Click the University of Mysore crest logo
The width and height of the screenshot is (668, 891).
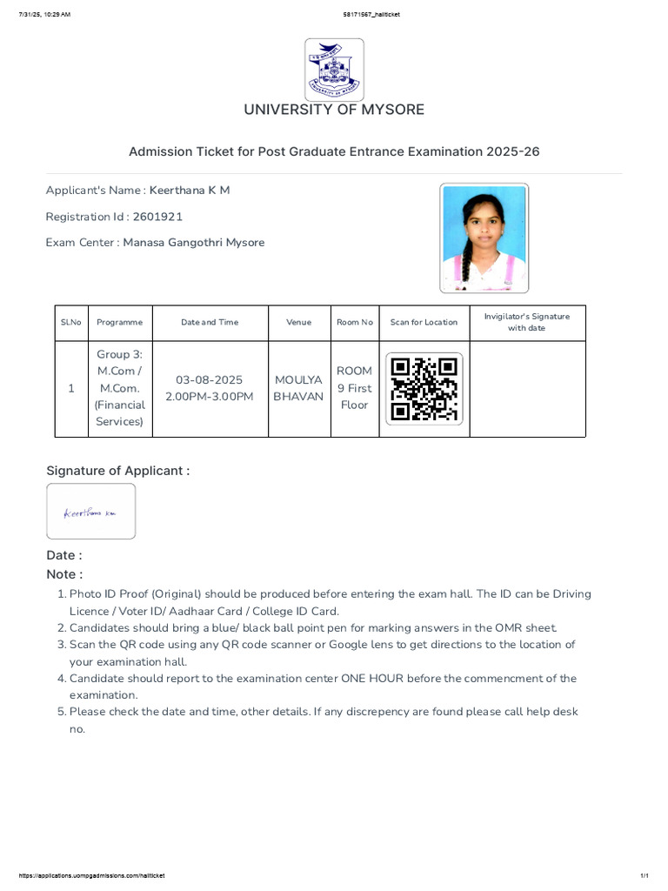point(334,69)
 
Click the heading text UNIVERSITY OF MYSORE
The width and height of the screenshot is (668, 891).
point(334,110)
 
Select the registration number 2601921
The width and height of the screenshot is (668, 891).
point(157,217)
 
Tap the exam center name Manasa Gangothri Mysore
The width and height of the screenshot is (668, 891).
point(193,243)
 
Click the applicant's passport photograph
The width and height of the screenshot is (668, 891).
point(484,238)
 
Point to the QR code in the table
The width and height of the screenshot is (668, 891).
point(424,389)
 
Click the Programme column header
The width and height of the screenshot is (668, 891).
point(119,322)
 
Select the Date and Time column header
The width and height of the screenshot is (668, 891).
point(209,322)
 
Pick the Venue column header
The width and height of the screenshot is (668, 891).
point(298,322)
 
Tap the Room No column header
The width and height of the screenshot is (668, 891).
point(354,322)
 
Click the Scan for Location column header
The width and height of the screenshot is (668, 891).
point(424,322)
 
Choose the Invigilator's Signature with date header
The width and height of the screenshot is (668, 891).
point(526,322)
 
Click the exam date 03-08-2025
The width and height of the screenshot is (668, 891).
point(209,380)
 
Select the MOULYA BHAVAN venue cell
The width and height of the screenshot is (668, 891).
point(298,388)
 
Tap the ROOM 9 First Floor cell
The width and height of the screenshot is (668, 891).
point(354,388)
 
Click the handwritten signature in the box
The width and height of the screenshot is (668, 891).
point(90,513)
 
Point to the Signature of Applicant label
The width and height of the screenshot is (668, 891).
point(117,471)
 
